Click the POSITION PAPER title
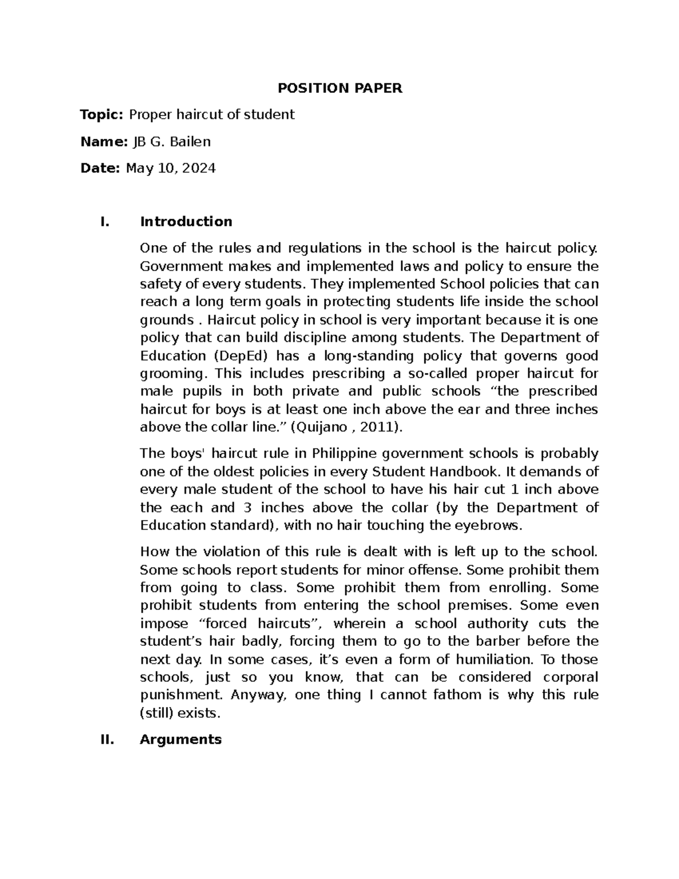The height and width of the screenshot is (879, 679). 339,88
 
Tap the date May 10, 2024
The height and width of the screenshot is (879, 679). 171,168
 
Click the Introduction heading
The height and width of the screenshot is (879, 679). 186,221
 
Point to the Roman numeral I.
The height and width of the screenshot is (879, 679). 102,221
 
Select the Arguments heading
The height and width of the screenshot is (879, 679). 181,739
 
